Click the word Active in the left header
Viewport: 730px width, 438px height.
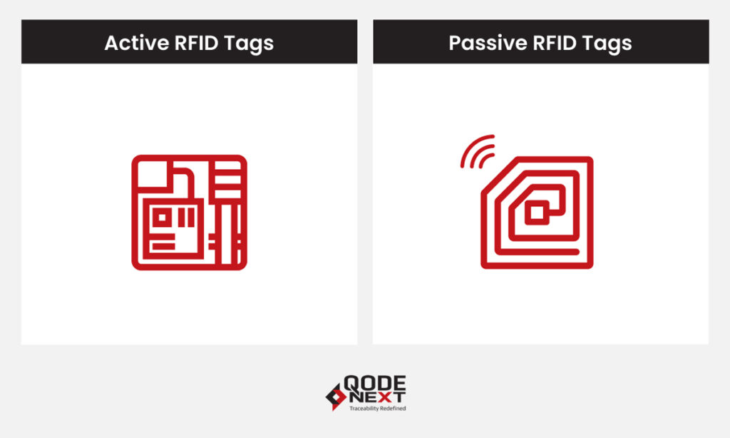point(130,43)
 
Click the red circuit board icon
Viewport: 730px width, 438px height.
point(189,212)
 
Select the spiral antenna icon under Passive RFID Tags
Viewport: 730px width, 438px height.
point(537,212)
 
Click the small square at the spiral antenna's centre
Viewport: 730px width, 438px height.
point(537,212)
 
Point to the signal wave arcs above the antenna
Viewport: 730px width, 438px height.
point(476,152)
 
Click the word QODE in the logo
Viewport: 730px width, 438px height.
point(375,384)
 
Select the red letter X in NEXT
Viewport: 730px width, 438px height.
point(387,396)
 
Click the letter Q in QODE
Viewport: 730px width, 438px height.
point(351,384)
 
